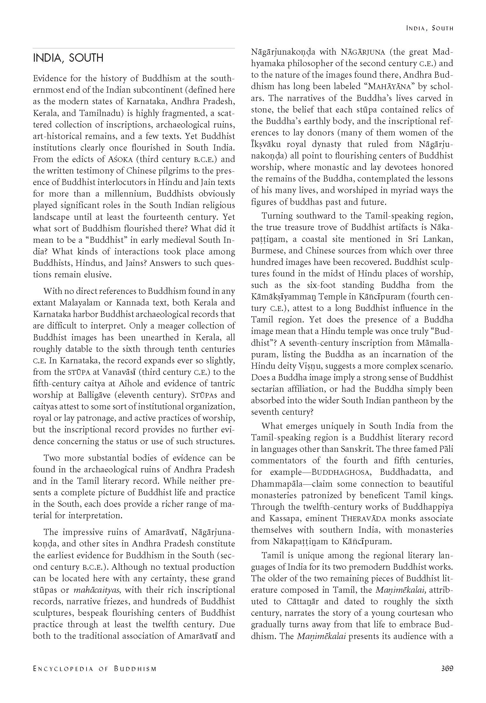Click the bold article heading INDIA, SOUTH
(x=68, y=58)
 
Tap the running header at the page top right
(x=429, y=28)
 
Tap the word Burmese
(x=266, y=251)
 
